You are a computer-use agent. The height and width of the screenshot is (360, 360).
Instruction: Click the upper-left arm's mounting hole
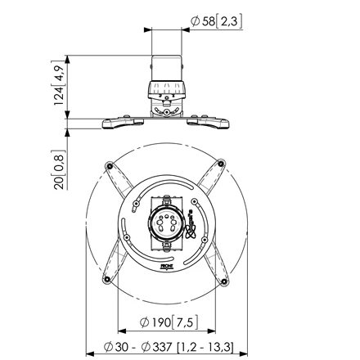pos(110,165)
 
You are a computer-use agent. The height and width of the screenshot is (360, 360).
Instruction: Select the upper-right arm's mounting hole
pos(221,164)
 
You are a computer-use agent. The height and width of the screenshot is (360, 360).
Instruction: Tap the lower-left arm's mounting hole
pos(107,279)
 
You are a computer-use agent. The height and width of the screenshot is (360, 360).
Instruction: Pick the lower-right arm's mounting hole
pos(224,281)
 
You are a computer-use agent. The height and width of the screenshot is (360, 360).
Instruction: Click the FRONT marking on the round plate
pos(165,266)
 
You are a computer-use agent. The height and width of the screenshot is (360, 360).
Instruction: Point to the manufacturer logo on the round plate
pos(191,223)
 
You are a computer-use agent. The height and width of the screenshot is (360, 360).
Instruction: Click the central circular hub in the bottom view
pos(165,223)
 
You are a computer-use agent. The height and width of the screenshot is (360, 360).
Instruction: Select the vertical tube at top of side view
pos(167,68)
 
